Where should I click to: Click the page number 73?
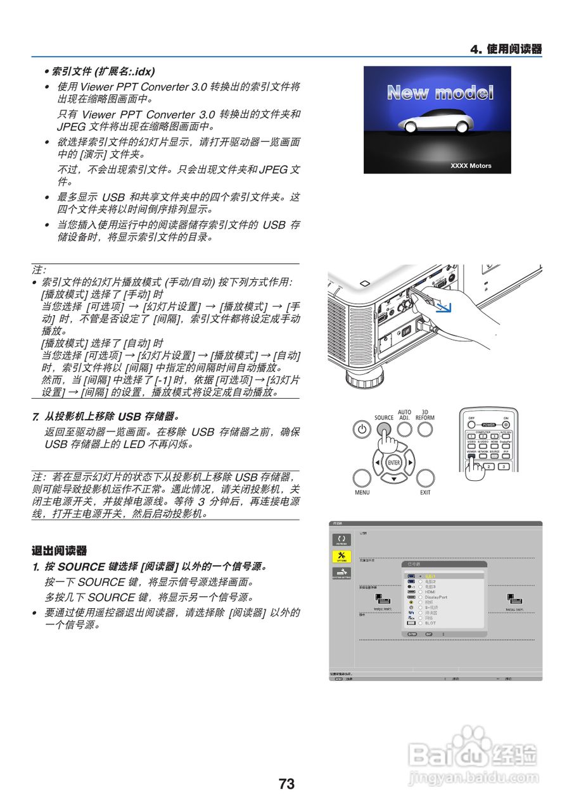tap(286, 784)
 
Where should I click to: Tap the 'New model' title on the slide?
tap(440, 93)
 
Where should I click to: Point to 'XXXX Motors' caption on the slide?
tap(471, 166)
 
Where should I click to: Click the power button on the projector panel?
tap(362, 430)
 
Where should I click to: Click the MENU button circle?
tap(362, 478)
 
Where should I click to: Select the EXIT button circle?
tap(425, 478)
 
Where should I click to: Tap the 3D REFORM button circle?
tap(425, 430)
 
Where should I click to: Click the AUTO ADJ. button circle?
tap(404, 430)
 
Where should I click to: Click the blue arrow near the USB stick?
tap(446, 308)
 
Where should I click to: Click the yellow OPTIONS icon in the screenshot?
tap(341, 556)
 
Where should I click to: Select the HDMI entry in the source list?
tap(431, 592)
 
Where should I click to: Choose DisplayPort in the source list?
tap(436, 597)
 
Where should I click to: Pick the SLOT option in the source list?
tap(430, 623)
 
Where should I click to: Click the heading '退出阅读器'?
tap(59, 551)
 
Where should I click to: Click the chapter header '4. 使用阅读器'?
tap(506, 49)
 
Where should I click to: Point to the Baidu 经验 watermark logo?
tap(473, 753)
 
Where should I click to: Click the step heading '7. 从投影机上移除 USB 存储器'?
tap(106, 416)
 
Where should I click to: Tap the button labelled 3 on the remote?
tap(503, 466)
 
